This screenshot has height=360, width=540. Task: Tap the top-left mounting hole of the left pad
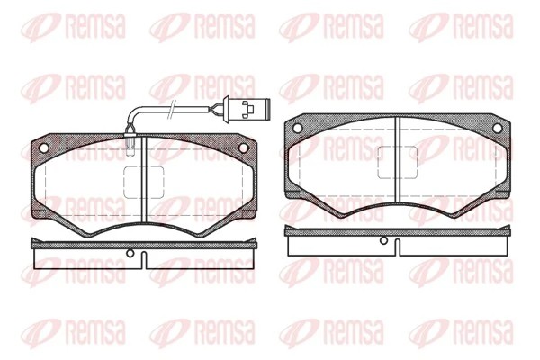click(44, 148)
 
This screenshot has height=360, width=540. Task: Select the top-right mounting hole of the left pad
click(243, 148)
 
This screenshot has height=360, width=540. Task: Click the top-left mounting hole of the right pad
click(298, 128)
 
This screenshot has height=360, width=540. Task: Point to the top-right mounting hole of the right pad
click(498, 128)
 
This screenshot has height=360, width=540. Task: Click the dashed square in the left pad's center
click(144, 182)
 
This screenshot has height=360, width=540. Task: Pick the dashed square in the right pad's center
click(398, 162)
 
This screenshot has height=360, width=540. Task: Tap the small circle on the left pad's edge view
click(130, 254)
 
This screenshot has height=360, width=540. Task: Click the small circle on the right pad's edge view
click(383, 240)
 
